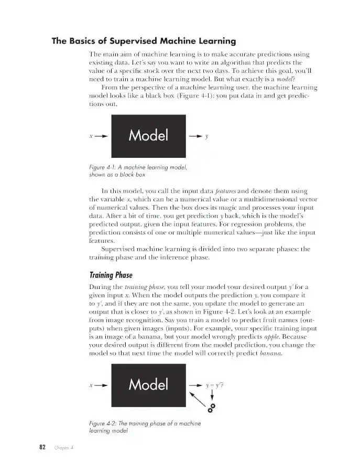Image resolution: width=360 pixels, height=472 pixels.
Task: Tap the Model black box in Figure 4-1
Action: (x=148, y=135)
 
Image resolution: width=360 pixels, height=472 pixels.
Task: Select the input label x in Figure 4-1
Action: (x=91, y=136)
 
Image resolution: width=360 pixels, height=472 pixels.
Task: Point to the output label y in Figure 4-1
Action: (x=206, y=136)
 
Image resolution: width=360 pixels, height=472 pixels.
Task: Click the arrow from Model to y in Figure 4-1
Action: (x=195, y=136)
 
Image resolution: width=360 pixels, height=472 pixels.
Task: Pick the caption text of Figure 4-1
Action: (x=138, y=171)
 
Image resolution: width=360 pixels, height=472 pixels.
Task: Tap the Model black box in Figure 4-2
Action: (x=148, y=384)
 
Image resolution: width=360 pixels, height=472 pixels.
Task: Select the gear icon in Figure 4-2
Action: (x=212, y=407)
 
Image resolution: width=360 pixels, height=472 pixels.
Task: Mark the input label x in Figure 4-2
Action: (x=91, y=385)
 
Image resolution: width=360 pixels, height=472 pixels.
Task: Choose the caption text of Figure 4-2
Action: (x=145, y=426)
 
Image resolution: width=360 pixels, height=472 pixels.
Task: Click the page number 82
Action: (x=42, y=447)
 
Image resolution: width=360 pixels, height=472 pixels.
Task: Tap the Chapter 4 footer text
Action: (x=63, y=448)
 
